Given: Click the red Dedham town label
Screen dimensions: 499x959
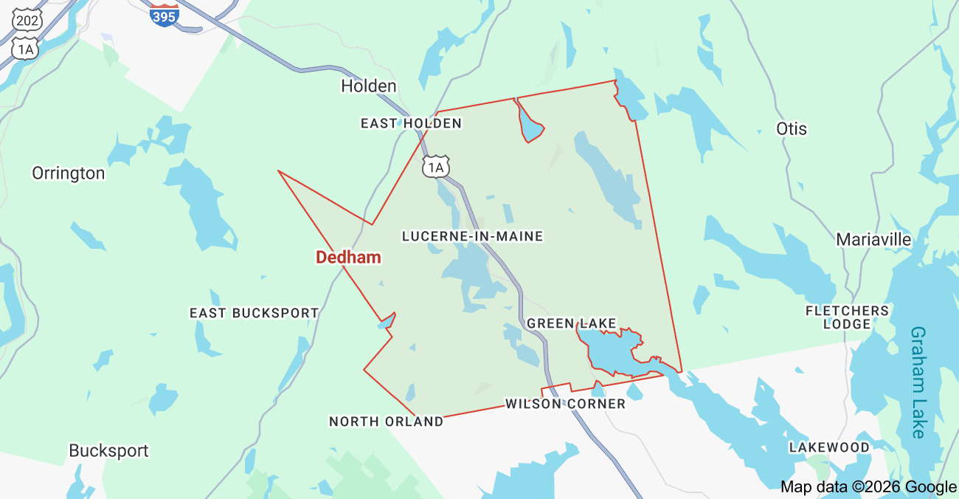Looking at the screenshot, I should click(348, 258).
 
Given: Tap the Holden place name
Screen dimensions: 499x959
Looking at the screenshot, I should click(368, 86).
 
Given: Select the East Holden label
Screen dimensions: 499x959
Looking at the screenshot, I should click(411, 123).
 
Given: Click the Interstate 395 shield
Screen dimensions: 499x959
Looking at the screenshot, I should click(164, 15).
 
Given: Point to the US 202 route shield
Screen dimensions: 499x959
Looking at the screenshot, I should click(26, 19).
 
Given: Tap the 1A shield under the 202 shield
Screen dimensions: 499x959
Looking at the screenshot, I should click(26, 49).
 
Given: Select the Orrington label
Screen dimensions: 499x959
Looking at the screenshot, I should click(68, 173).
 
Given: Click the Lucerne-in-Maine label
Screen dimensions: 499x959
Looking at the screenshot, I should click(472, 236).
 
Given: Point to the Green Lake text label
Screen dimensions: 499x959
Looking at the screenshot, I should click(572, 323).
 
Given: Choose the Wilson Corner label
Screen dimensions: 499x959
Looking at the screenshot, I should click(565, 404).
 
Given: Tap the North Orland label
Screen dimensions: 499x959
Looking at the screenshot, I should click(386, 421).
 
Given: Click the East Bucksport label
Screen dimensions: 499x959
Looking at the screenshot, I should click(254, 313).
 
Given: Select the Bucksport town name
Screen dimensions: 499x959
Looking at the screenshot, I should click(108, 450).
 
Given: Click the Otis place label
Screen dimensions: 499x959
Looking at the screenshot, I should click(792, 129).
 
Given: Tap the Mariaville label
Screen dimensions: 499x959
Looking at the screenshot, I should click(873, 240).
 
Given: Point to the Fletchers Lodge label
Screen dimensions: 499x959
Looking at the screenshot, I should click(847, 317).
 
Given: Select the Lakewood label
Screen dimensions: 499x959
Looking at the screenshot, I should click(829, 447).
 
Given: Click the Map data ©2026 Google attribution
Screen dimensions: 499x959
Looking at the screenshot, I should click(868, 486).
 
